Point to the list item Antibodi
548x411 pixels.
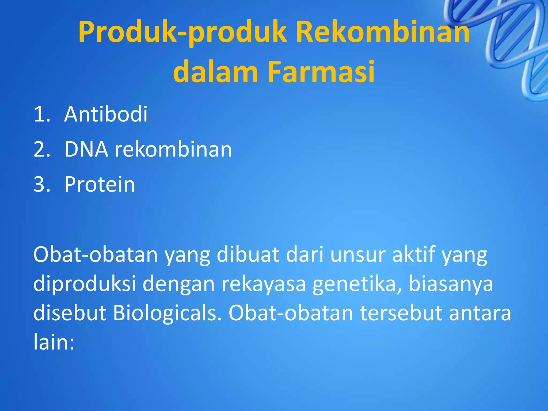[106, 114]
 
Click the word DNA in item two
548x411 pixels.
[86, 149]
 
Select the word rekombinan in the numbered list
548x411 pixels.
[173, 149]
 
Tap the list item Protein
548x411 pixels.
[100, 184]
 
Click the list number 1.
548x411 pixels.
[41, 115]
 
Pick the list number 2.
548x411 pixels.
[41, 150]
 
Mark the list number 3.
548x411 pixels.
[41, 185]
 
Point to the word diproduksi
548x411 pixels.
[85, 284]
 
